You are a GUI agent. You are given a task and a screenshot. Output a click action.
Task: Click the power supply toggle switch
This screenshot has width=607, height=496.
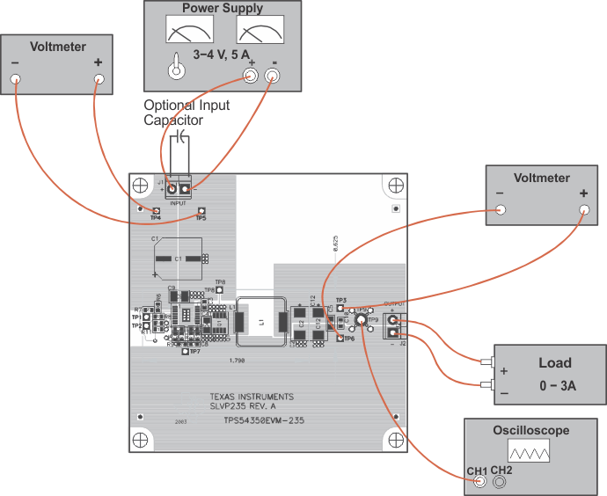[178, 68]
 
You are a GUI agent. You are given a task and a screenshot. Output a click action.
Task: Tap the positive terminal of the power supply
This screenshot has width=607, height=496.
[251, 77]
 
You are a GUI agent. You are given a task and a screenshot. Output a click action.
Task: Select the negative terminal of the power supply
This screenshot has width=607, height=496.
[273, 77]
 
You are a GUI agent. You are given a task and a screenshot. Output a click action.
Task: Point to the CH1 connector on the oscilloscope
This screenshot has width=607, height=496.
[479, 481]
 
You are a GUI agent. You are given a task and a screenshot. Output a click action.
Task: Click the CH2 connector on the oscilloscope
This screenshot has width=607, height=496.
[501, 481]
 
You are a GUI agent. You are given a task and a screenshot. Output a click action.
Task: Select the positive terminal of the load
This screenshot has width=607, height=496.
[486, 361]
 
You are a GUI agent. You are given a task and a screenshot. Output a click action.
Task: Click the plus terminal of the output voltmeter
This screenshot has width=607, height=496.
[583, 209]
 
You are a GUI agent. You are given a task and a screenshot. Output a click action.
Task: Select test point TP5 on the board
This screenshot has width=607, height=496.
[201, 211]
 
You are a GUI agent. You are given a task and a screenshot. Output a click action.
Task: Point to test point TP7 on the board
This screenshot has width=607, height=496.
[184, 353]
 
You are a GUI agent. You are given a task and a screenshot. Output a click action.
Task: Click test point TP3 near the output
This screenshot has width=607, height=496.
[340, 308]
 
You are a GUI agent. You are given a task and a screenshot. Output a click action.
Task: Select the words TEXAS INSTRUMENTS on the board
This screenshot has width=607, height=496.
[252, 397]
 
